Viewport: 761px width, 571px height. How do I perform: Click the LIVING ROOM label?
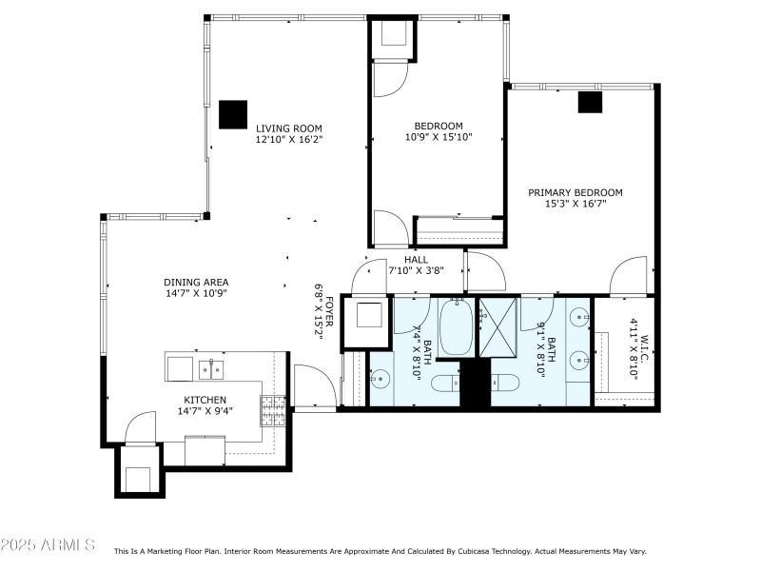pos(288,128)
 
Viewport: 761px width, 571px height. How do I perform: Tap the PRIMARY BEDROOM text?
pos(576,192)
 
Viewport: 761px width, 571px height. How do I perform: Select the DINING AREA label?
pos(196,282)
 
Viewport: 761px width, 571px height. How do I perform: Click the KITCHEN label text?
pos(205,399)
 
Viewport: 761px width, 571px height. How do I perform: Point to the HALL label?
pos(416,259)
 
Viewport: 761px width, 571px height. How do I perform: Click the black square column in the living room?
pos(232,114)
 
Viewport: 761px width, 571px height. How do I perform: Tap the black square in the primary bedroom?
pos(590,101)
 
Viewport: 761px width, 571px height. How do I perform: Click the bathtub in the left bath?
pos(456,328)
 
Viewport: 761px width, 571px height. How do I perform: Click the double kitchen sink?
pos(210,368)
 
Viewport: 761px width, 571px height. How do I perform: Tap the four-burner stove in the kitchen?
pos(273,411)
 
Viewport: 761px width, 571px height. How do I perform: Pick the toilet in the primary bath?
pos(503,383)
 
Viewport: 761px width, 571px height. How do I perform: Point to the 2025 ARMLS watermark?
pos(48,545)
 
